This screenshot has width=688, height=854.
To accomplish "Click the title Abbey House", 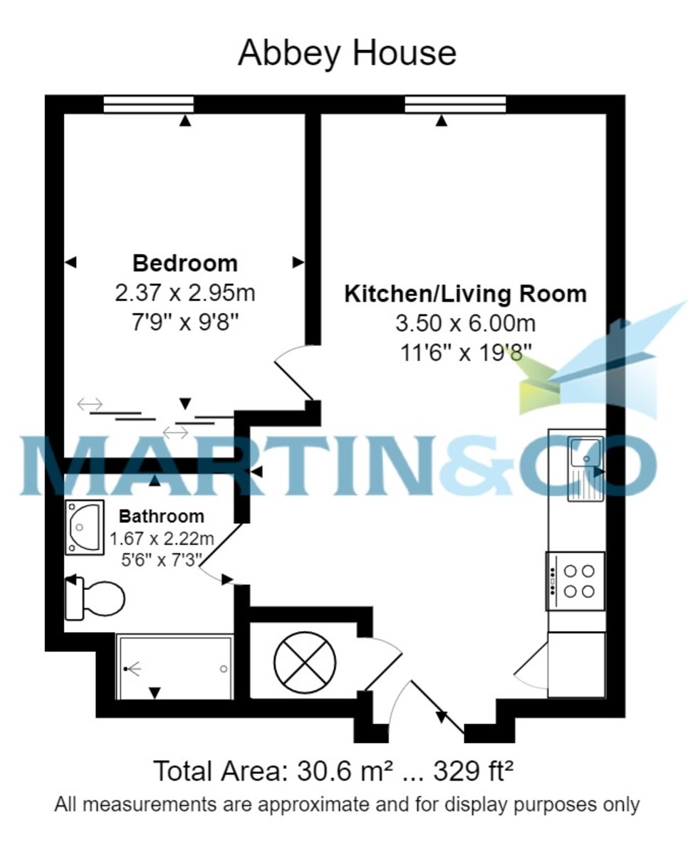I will click(347, 53).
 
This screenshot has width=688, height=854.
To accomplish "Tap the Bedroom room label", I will click(185, 263).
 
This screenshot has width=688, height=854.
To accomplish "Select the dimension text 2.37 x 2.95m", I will click(185, 292).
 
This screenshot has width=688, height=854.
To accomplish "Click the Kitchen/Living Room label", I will click(465, 294).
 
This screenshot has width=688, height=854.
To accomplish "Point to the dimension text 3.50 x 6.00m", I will click(465, 324).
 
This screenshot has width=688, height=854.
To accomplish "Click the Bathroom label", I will click(161, 516).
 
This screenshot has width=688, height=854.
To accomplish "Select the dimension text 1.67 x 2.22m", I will click(162, 538).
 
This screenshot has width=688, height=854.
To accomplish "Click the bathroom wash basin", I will click(84, 527).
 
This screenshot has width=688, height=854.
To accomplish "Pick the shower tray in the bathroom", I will click(174, 668).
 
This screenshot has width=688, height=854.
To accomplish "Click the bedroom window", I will click(148, 105).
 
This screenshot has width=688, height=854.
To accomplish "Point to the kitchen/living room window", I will click(455, 105).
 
